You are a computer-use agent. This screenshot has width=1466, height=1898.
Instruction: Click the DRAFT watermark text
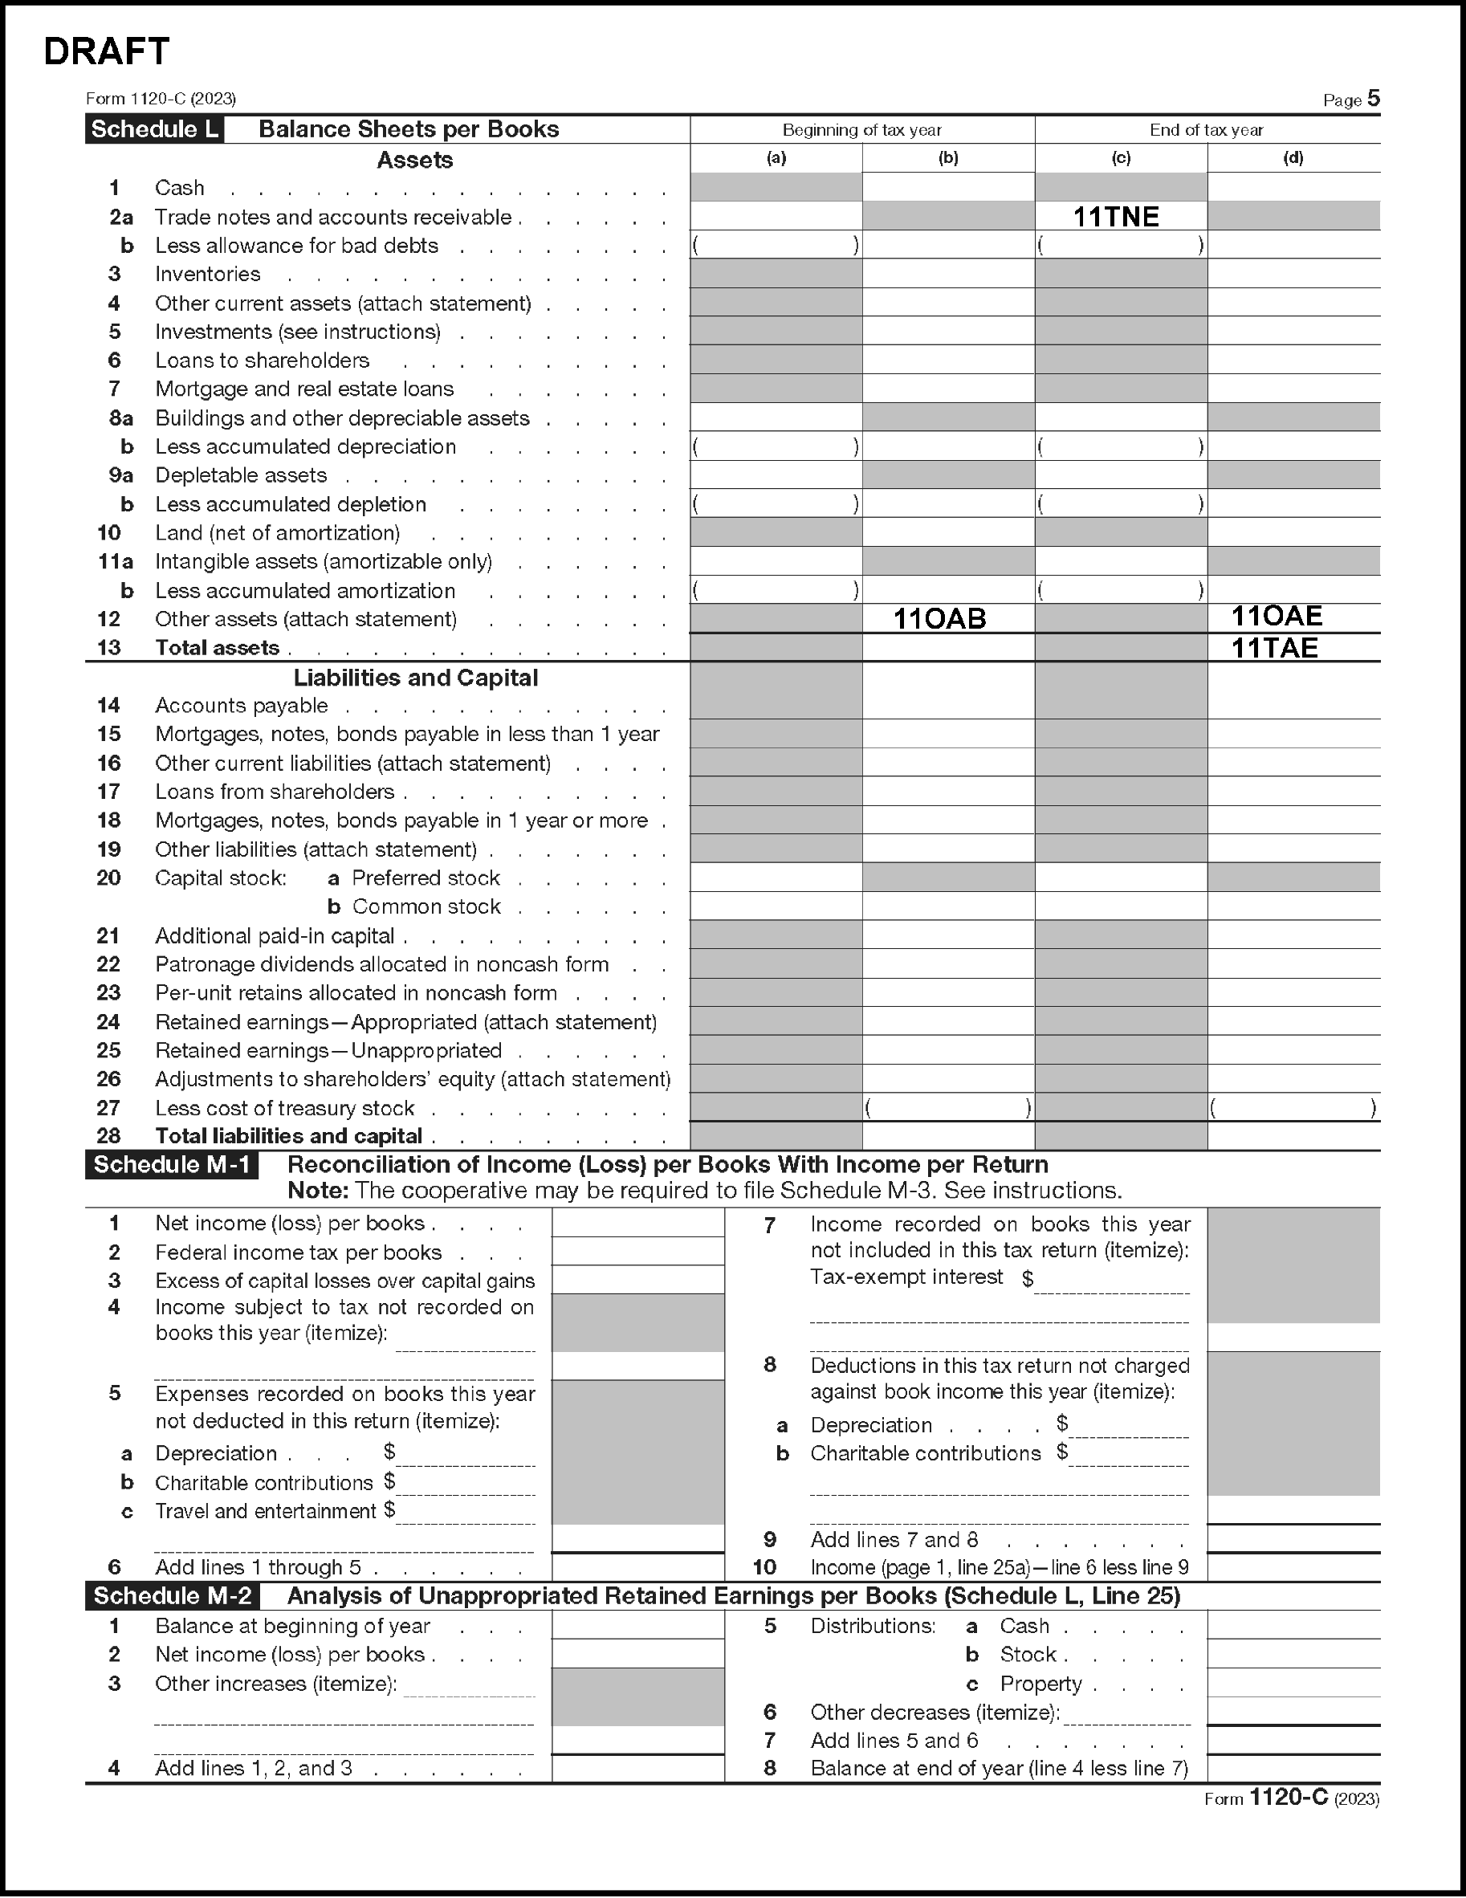[x=106, y=52]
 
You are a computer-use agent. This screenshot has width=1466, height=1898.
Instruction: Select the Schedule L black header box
[x=154, y=129]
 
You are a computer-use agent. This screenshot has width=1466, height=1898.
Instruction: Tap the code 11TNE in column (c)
[x=1116, y=217]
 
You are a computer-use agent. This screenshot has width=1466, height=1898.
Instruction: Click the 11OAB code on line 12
[x=939, y=619]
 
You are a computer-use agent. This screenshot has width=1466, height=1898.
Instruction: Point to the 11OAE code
[x=1277, y=616]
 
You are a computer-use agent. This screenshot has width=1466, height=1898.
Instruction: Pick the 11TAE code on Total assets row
[x=1274, y=648]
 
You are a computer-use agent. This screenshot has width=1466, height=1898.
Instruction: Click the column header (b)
[x=948, y=158]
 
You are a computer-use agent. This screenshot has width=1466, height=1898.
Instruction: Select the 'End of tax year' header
[x=1206, y=130]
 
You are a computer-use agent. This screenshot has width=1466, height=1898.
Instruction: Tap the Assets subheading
[x=414, y=160]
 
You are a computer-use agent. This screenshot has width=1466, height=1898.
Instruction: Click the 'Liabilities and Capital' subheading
[x=415, y=678]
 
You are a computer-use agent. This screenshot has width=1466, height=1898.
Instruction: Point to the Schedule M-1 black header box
[x=172, y=1164]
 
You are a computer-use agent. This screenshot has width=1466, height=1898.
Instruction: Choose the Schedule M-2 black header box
[x=173, y=1595]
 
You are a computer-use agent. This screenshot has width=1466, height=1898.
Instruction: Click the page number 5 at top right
[x=1373, y=98]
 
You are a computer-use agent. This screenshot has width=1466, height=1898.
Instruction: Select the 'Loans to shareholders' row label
[x=262, y=360]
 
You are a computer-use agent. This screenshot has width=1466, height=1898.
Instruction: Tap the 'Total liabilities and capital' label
[x=288, y=1136]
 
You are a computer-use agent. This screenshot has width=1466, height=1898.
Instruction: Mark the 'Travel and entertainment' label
[x=265, y=1511]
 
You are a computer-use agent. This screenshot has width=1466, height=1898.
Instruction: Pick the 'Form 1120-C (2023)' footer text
[x=1291, y=1798]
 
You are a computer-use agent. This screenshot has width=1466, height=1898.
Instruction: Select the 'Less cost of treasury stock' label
[x=284, y=1108]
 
